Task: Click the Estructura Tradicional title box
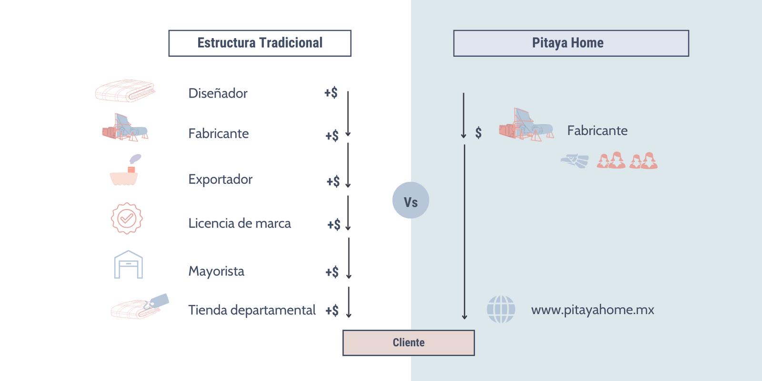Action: coord(260,43)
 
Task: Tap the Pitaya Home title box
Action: coord(571,43)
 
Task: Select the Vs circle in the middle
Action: coord(411,201)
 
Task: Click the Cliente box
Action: coord(408,343)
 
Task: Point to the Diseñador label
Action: coord(218,93)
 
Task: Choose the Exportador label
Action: coord(220,180)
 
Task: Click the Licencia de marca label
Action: coord(239,223)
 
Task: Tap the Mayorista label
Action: coord(216,271)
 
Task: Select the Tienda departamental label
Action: coord(251,310)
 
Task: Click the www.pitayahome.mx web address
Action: coord(592,310)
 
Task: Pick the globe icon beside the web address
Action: coord(501,310)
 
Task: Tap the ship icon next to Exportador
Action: coord(125,171)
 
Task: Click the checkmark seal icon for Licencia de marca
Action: coord(127,219)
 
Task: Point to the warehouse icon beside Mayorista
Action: coord(128,265)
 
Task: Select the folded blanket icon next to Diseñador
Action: coord(125,90)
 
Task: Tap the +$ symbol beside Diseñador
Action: coord(331,93)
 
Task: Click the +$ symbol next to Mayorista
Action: coord(332,272)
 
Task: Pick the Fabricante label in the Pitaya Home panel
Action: coord(597,131)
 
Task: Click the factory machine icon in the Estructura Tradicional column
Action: coord(125,128)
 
